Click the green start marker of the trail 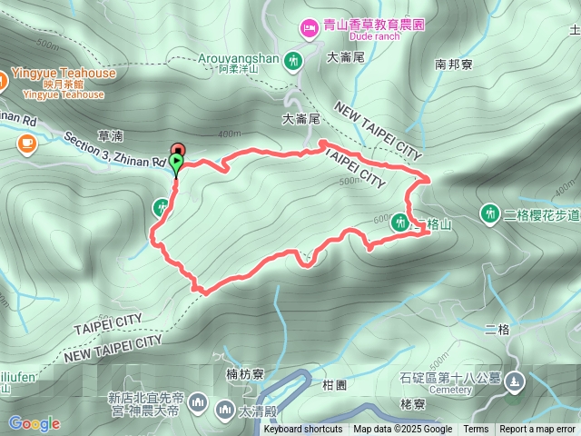pos(176,163)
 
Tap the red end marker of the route pos(178,150)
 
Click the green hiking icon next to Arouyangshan pos(293,62)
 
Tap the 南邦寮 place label pos(452,64)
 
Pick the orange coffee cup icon pos(25,142)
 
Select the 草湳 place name pos(110,135)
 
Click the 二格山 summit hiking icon pos(400,221)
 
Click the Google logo pos(34,423)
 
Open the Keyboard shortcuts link pos(303,430)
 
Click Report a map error pos(537,430)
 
